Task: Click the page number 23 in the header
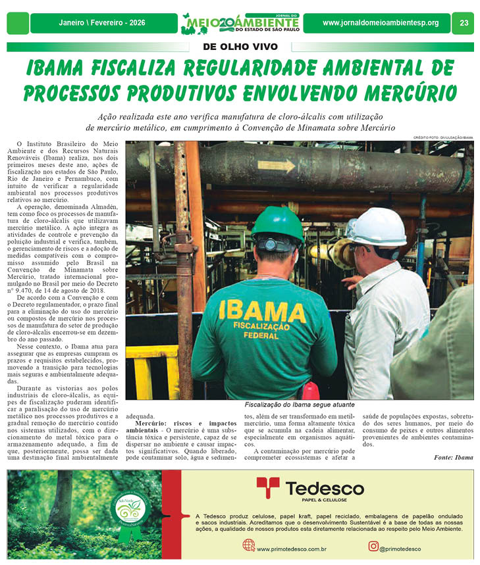coord(464,23)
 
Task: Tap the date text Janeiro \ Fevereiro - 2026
coord(102,23)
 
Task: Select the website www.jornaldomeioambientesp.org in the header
coord(380,23)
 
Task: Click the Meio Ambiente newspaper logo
coord(239,23)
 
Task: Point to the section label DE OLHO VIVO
coord(240,47)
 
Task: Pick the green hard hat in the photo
coord(277,224)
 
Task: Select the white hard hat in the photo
coord(377,226)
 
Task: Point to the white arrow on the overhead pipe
coord(276,166)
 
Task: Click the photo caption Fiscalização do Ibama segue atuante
coord(299,405)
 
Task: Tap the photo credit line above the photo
coord(442,137)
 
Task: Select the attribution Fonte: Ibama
coord(453,456)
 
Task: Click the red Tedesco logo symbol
coord(268,488)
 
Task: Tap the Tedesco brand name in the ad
coord(324,488)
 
